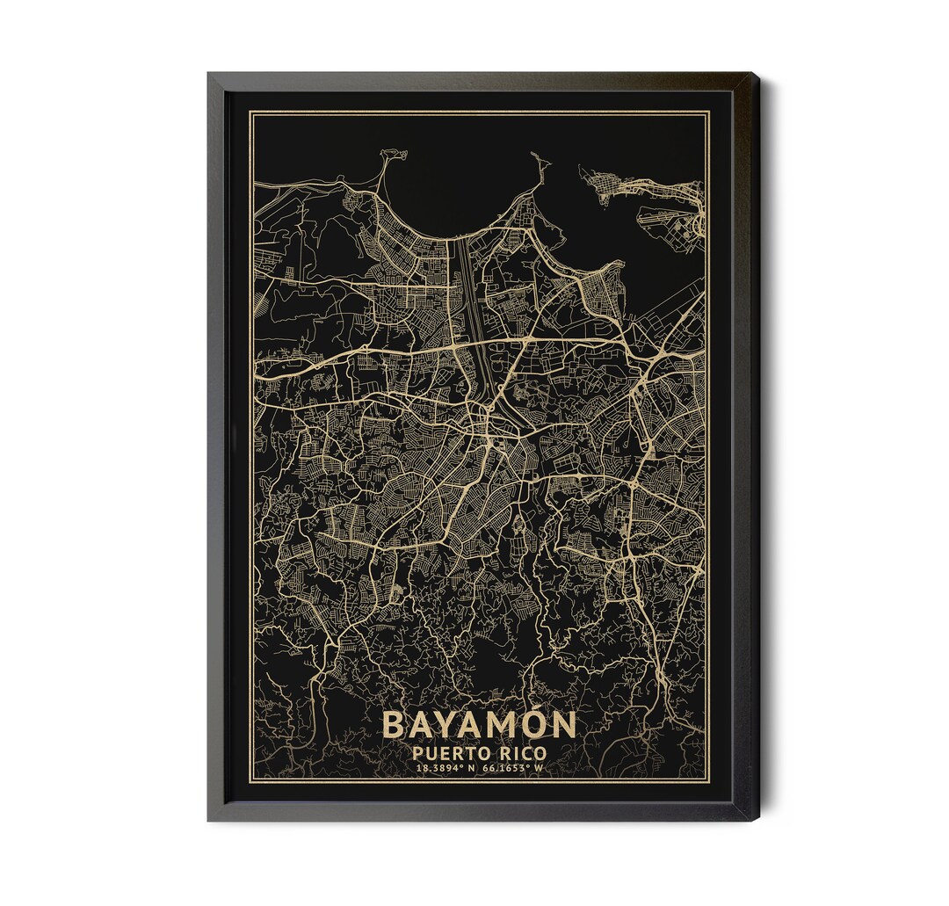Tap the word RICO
tap(519, 753)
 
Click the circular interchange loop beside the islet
tap(697, 227)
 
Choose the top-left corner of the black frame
tap(209, 75)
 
